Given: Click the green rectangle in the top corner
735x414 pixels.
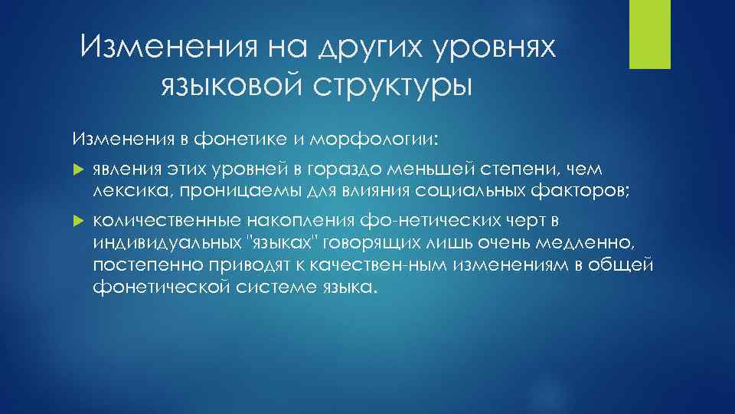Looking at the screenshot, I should pyautogui.click(x=649, y=34).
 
